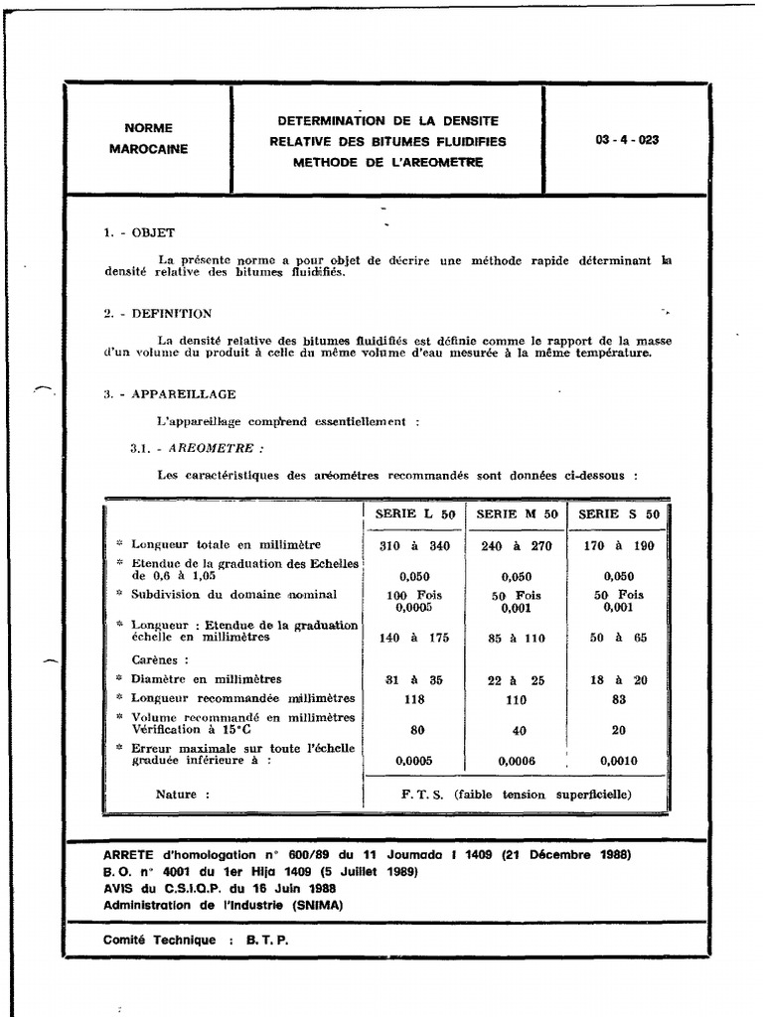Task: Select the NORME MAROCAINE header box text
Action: coord(148,138)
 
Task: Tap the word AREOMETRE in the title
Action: coord(438,161)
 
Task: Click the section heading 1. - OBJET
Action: coord(139,232)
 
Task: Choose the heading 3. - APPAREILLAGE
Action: coord(170,394)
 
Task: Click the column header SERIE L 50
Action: coord(414,513)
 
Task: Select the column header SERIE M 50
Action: coord(517,513)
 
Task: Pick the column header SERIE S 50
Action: coord(619,513)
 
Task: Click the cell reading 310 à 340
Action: coord(414,545)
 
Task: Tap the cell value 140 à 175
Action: coord(414,638)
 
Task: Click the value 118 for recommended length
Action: coord(414,699)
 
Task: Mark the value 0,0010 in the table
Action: coord(619,761)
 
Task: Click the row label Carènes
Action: coord(160,658)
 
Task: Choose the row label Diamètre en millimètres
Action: coord(206,679)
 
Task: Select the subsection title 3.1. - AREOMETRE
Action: coord(190,448)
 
